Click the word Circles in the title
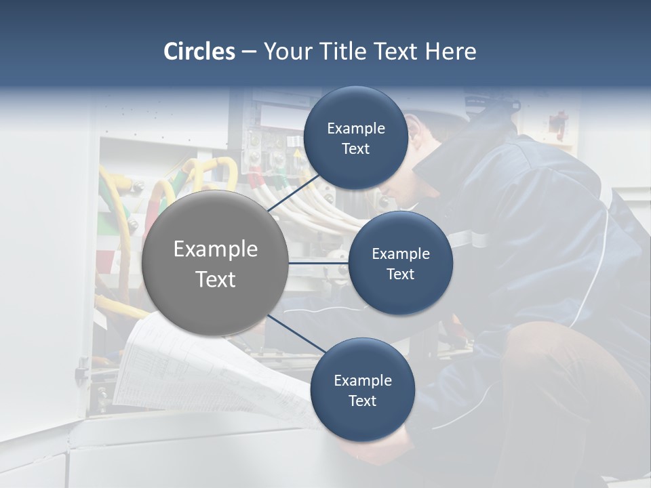pos(199,52)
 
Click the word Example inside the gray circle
pos(215,249)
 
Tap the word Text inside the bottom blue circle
pos(362,401)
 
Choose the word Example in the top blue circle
pos(355,129)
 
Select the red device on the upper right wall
pos(557,124)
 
